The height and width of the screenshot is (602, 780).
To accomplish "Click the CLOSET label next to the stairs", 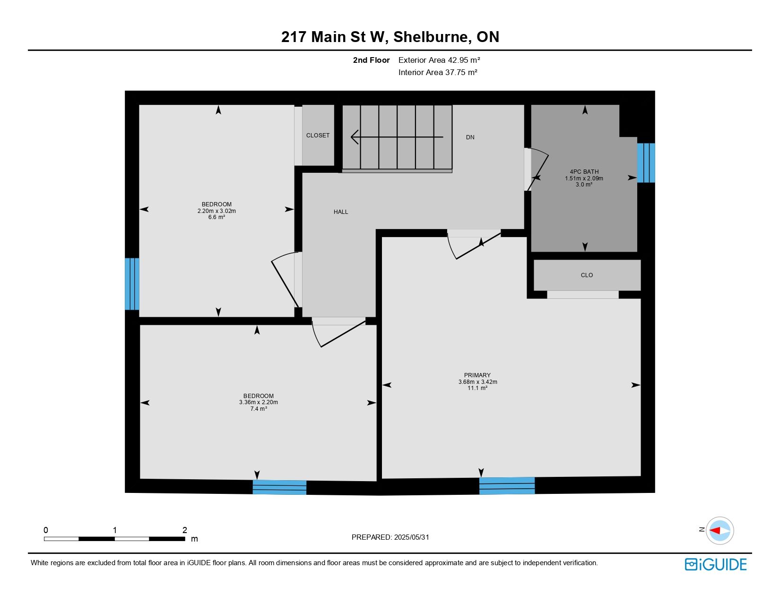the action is click(318, 135).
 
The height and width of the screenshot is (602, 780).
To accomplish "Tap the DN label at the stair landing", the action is click(470, 137).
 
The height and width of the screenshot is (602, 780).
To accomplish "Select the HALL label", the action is click(341, 212).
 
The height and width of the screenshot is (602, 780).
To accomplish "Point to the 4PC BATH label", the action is click(584, 172).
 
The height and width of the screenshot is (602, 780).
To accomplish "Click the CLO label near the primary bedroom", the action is click(587, 275).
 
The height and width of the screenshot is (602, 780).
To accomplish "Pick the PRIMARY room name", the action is click(477, 375).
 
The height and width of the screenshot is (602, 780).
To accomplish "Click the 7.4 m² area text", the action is click(259, 409).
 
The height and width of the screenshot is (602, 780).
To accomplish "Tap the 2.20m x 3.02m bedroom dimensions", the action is click(217, 211).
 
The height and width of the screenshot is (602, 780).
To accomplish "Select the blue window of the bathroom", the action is click(646, 163).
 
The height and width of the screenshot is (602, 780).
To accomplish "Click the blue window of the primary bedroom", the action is click(507, 486).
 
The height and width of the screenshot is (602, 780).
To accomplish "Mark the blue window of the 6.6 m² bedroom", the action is click(132, 284).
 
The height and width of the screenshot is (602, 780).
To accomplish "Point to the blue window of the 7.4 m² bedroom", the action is click(279, 487).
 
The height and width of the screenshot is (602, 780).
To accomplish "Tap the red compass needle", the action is click(715, 530).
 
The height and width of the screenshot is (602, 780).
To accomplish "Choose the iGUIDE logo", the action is click(715, 564).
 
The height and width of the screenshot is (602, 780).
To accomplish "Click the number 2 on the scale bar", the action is click(184, 530).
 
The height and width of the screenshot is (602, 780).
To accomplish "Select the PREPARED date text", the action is click(390, 537).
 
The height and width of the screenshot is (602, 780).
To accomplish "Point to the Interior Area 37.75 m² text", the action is click(438, 72).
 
